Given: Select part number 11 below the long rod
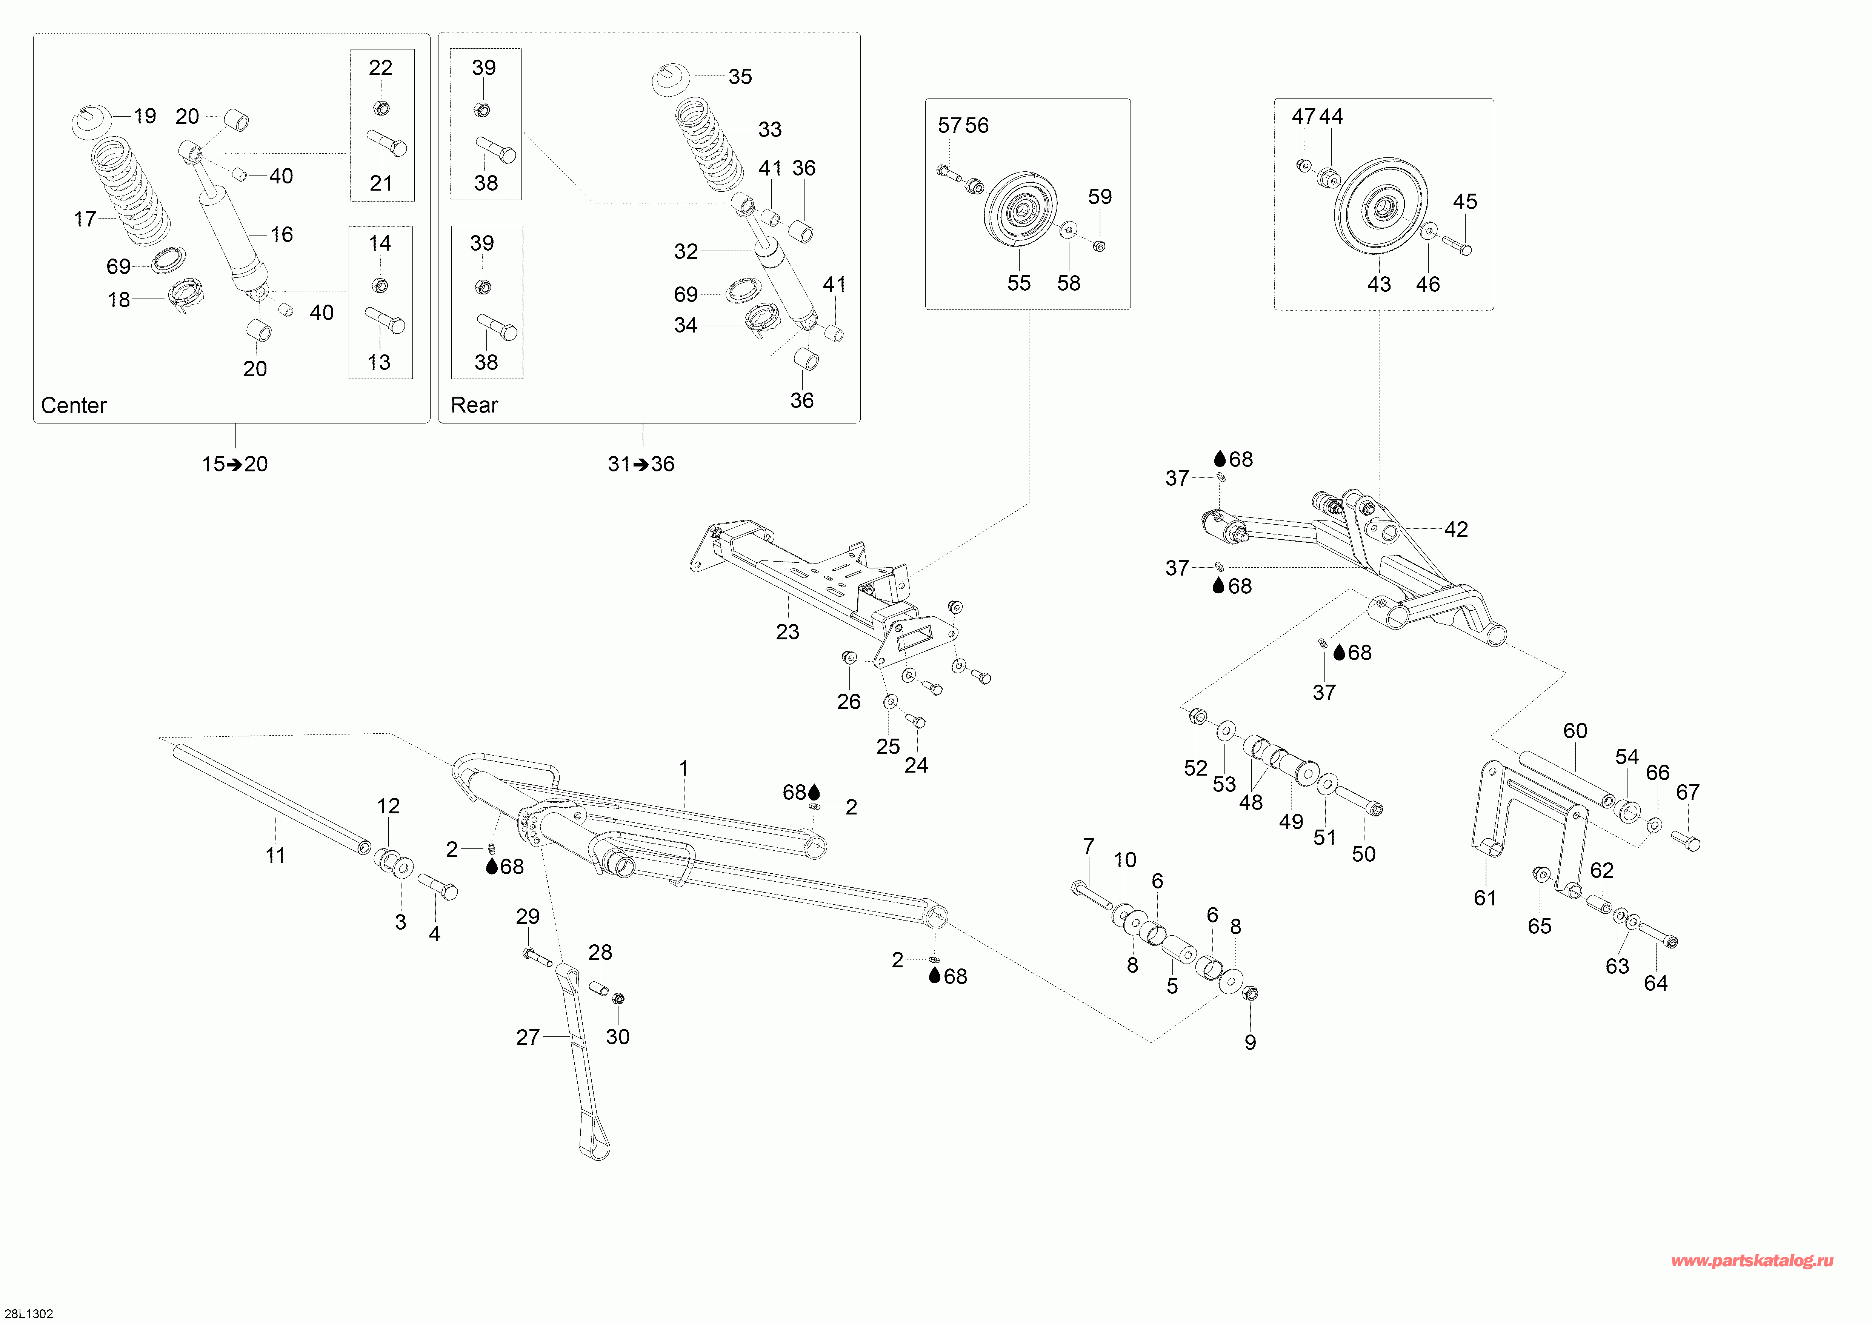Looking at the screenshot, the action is click(275, 855).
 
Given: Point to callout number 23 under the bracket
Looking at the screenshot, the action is click(788, 632).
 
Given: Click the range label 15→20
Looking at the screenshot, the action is click(235, 464).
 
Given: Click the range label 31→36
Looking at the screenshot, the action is click(641, 464).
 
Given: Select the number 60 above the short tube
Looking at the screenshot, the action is click(1575, 730).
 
